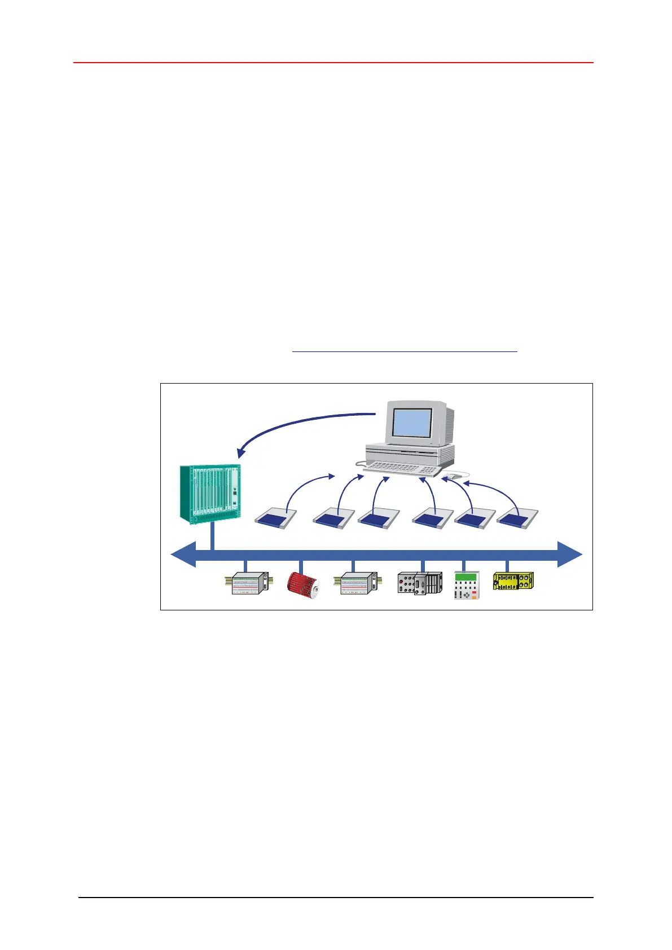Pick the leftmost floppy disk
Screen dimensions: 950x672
[x=276, y=518]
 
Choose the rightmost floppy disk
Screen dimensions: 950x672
[x=517, y=518]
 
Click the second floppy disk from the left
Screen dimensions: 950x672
[x=334, y=518]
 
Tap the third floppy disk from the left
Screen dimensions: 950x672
[x=379, y=518]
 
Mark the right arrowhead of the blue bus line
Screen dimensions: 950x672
[x=569, y=556]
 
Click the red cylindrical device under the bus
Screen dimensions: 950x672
[x=304, y=584]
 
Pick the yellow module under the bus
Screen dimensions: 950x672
[x=513, y=581]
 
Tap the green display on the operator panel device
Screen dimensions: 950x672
[x=465, y=577]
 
